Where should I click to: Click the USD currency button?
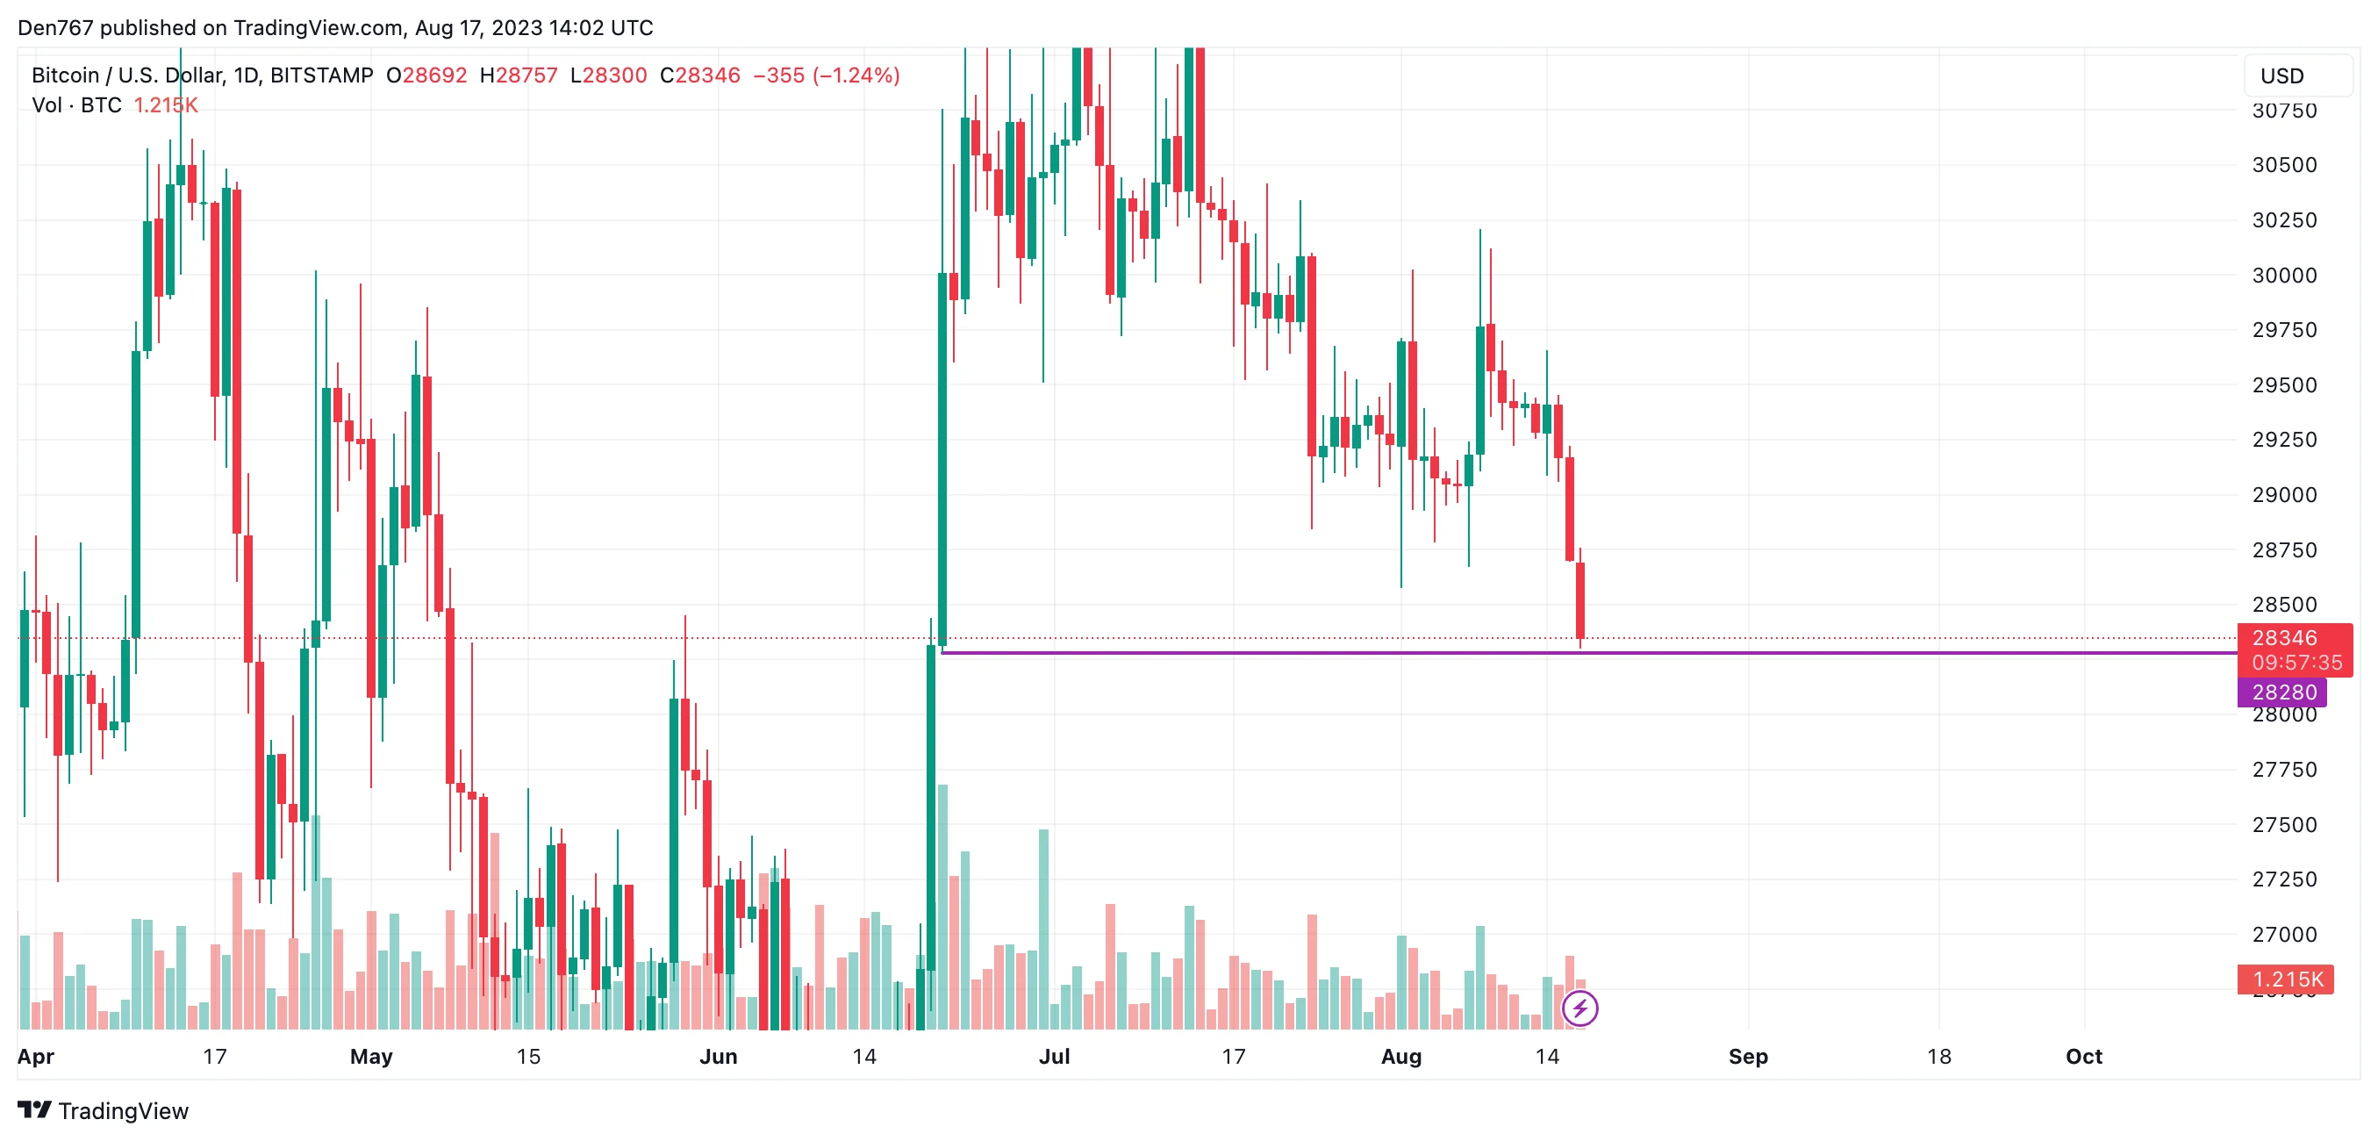(2296, 75)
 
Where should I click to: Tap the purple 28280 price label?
(2283, 692)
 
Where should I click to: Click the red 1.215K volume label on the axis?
(2287, 980)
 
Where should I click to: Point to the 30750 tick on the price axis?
(2284, 111)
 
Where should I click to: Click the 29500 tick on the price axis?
(2284, 385)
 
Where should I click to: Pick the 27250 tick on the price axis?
(2284, 879)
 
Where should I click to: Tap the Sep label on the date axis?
(1747, 1056)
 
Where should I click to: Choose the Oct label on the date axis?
(2083, 1056)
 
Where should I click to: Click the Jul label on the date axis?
(1054, 1056)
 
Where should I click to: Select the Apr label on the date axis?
(36, 1056)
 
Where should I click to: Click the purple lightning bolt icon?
(1580, 1008)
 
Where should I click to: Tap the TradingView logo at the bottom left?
(104, 1110)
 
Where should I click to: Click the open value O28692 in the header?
(426, 75)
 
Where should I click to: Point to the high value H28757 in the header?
(519, 75)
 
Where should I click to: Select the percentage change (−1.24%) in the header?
(856, 75)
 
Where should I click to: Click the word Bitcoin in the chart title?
(66, 75)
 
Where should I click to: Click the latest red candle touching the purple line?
(1580, 600)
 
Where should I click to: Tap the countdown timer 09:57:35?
(2296, 663)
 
